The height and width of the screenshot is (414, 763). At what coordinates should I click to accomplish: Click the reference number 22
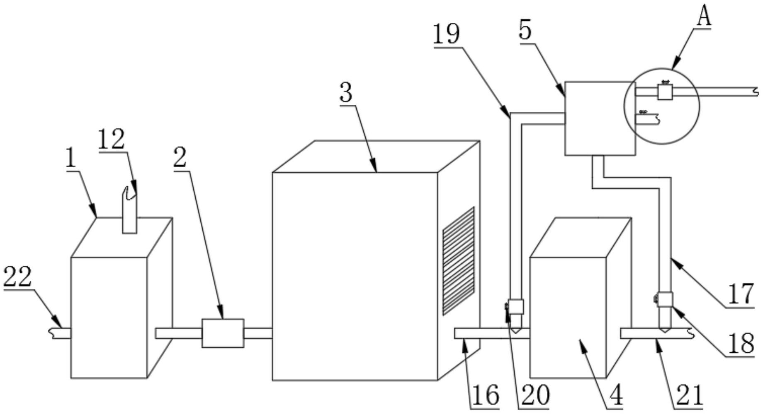coord(18,277)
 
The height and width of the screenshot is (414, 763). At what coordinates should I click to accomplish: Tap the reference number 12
coord(111,140)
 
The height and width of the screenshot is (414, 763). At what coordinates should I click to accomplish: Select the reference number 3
coord(346,93)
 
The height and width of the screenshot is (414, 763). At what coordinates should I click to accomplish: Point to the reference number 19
coord(447,34)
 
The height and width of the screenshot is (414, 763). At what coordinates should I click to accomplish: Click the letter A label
coord(703,17)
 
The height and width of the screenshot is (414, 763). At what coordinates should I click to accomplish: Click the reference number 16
coord(486,395)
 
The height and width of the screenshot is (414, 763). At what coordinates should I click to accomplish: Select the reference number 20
coord(535,395)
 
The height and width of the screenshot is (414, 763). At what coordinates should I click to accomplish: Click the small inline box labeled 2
coord(223,333)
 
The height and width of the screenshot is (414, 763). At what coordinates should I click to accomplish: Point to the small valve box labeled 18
coord(665,299)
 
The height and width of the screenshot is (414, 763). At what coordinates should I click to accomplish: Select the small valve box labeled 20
coord(516,307)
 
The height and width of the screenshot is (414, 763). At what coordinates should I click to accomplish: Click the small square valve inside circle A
coord(665,92)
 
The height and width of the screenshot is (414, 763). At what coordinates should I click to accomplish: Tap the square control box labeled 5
coord(600,118)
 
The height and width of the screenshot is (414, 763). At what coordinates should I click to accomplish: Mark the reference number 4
coord(617,395)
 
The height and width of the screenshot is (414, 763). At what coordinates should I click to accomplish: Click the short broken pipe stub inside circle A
coord(647,119)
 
